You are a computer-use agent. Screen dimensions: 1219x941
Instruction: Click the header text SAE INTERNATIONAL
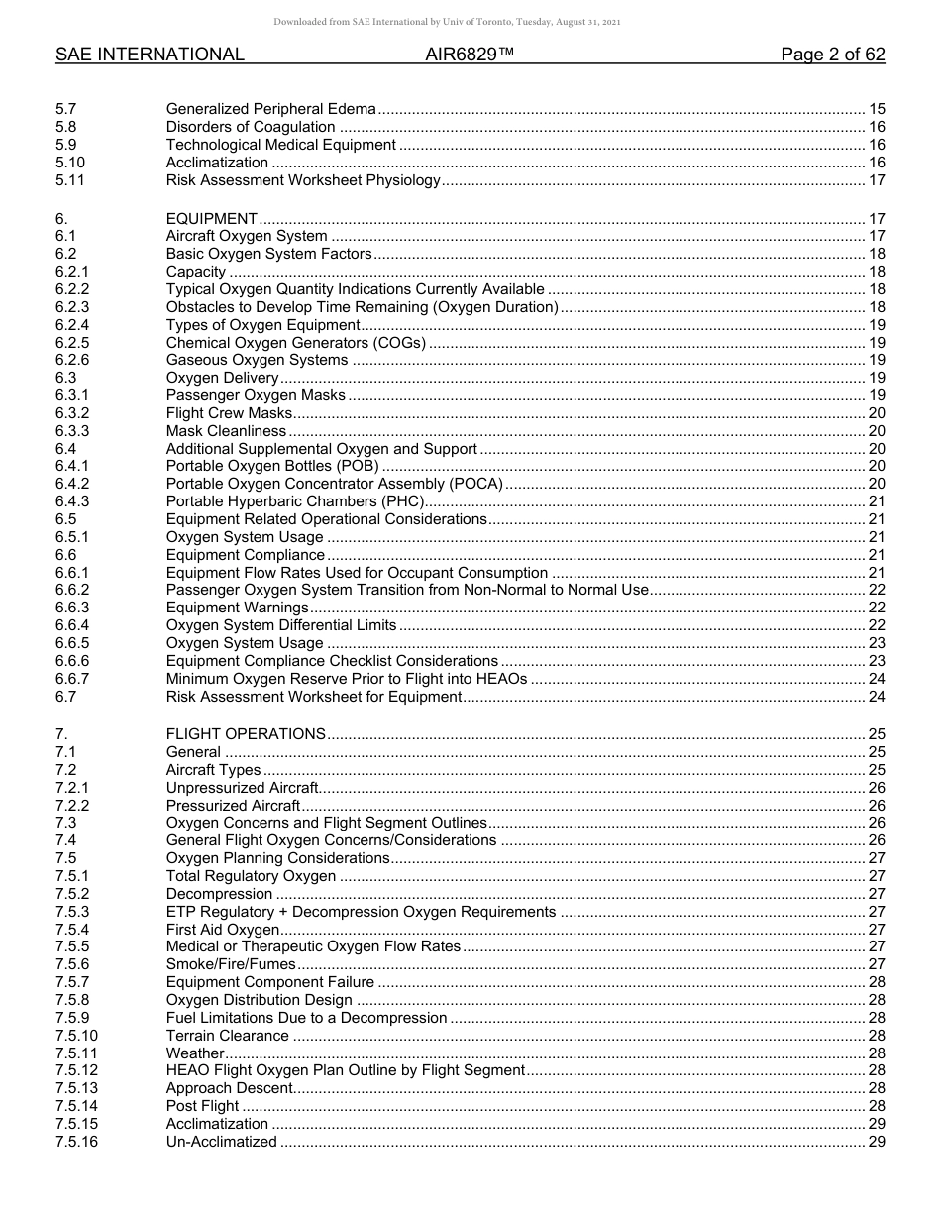click(150, 55)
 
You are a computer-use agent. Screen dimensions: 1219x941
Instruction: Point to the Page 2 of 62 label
click(832, 55)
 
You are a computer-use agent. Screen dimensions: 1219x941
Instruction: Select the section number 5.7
click(66, 109)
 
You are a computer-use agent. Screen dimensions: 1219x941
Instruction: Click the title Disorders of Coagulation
click(251, 127)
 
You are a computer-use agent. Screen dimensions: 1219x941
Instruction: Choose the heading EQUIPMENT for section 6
click(212, 219)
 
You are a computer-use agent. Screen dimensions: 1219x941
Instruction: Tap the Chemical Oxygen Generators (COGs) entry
click(296, 344)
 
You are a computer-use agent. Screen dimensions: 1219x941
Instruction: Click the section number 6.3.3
click(72, 431)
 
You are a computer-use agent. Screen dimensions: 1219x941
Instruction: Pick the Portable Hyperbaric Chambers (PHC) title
click(294, 502)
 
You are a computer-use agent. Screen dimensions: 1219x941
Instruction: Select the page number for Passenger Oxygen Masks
click(876, 396)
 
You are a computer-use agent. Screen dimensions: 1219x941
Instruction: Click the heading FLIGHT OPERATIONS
click(246, 734)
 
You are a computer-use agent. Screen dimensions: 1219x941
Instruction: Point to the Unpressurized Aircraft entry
click(242, 788)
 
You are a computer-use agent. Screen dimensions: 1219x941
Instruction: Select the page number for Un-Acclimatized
click(876, 1142)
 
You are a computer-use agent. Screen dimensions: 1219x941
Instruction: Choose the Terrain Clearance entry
click(228, 1036)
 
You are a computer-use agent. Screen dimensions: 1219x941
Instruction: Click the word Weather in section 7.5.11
click(195, 1053)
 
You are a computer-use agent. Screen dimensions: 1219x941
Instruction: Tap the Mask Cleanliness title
click(226, 431)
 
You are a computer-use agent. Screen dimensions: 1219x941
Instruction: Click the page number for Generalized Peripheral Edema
click(876, 109)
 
